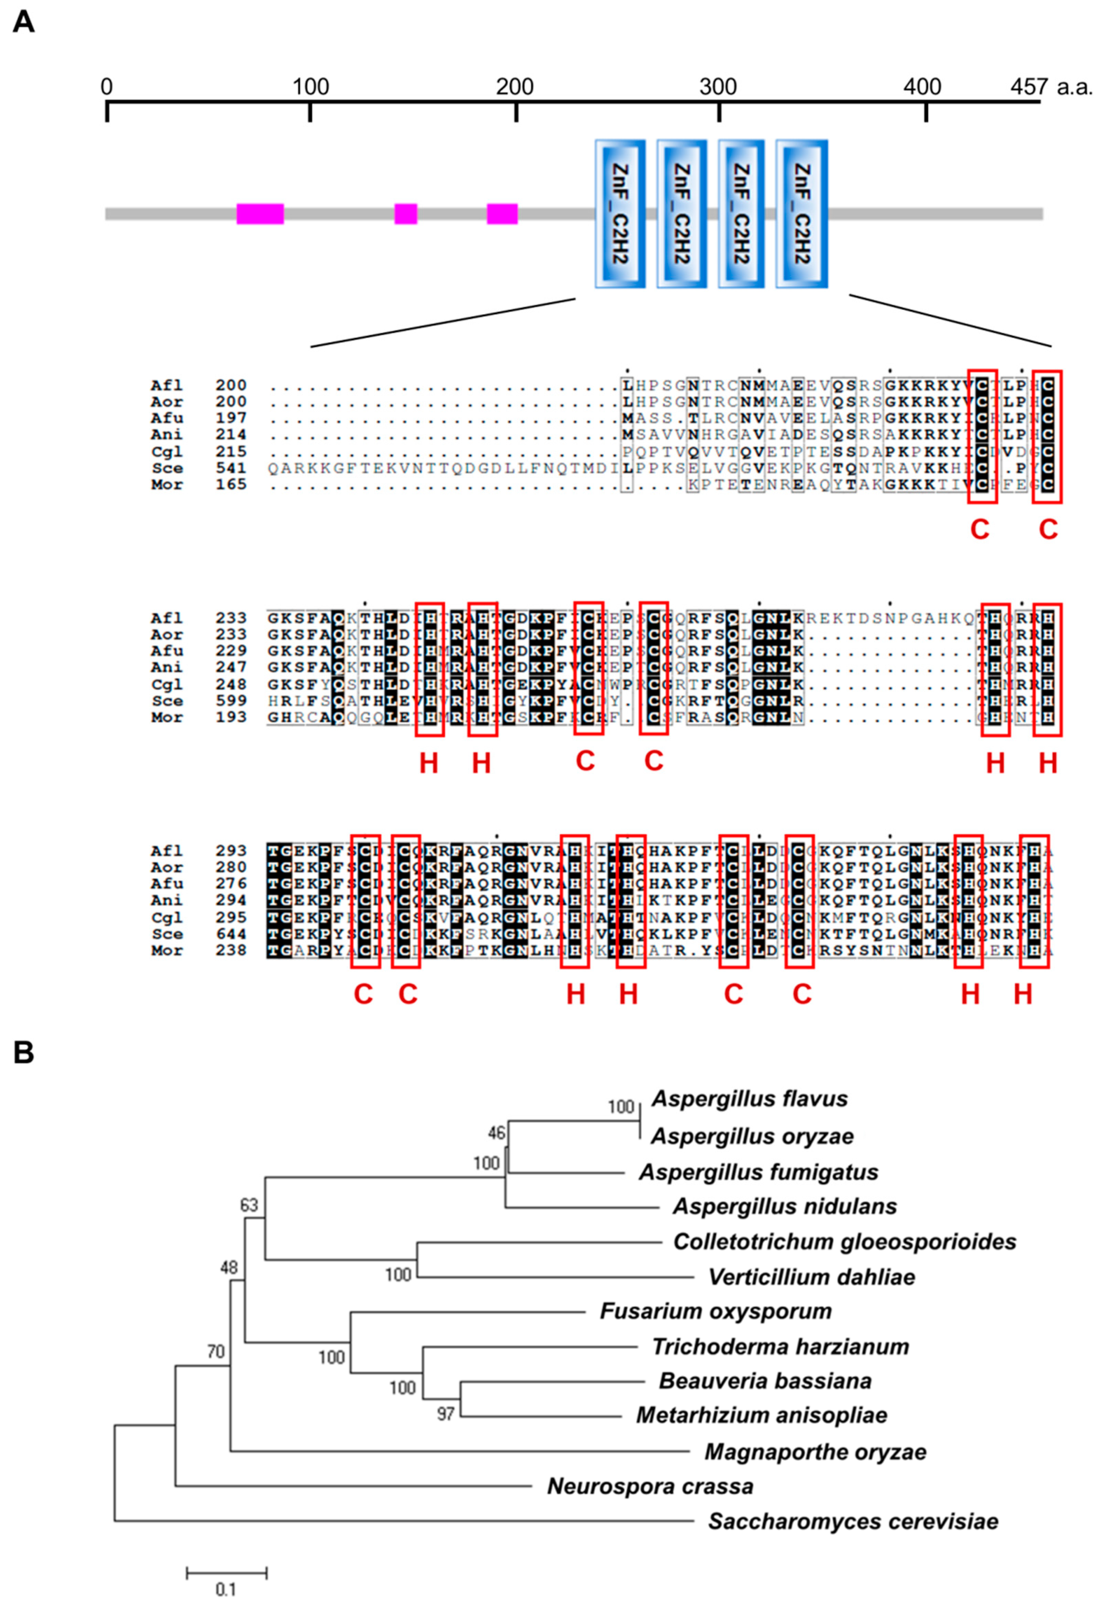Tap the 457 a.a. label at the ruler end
[1051, 87]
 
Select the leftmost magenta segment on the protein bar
[260, 214]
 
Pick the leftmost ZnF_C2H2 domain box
[620, 214]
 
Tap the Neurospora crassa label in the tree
[650, 1486]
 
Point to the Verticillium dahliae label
[811, 1277]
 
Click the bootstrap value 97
[445, 1414]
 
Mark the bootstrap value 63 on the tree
[249, 1205]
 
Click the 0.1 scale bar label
[226, 1590]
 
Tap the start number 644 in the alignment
[231, 934]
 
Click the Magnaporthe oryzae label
[815, 1451]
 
